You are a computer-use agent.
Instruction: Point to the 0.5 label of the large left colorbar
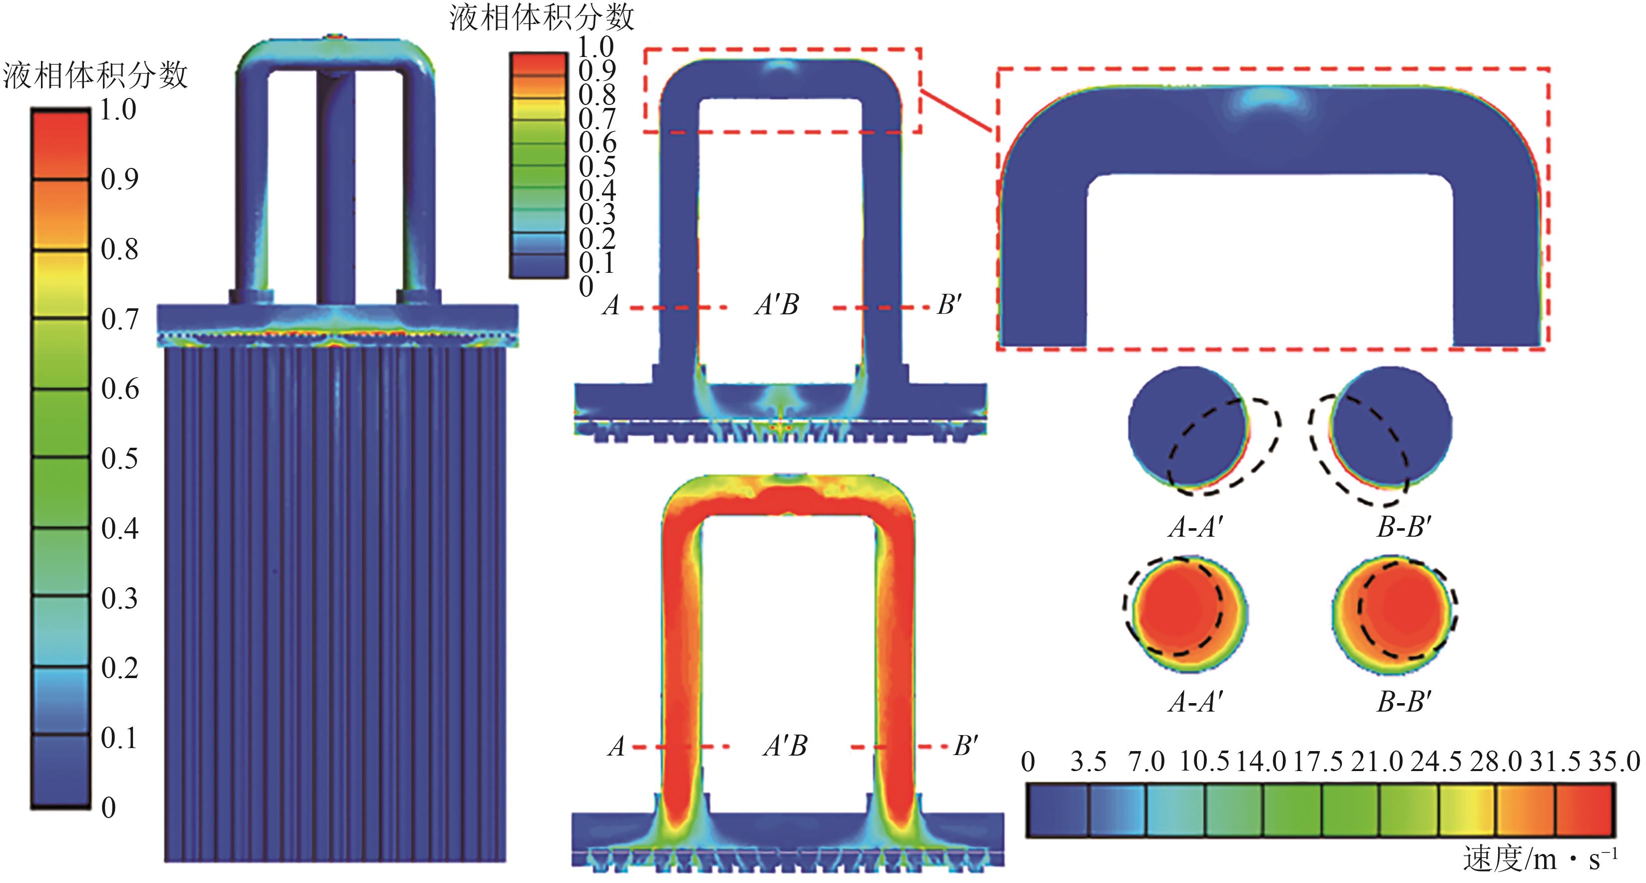click(119, 458)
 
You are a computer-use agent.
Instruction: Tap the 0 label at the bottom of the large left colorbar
click(108, 808)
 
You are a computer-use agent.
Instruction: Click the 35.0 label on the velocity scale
click(1615, 762)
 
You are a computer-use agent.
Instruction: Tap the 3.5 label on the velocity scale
click(1088, 762)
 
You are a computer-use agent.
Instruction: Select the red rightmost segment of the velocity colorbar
click(1585, 810)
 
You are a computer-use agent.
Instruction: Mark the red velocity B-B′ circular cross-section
click(1392, 613)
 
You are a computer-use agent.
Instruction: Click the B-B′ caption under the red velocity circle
click(1404, 702)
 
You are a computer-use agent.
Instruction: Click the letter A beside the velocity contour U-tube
click(616, 746)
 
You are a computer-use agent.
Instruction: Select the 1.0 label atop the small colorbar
click(595, 46)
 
